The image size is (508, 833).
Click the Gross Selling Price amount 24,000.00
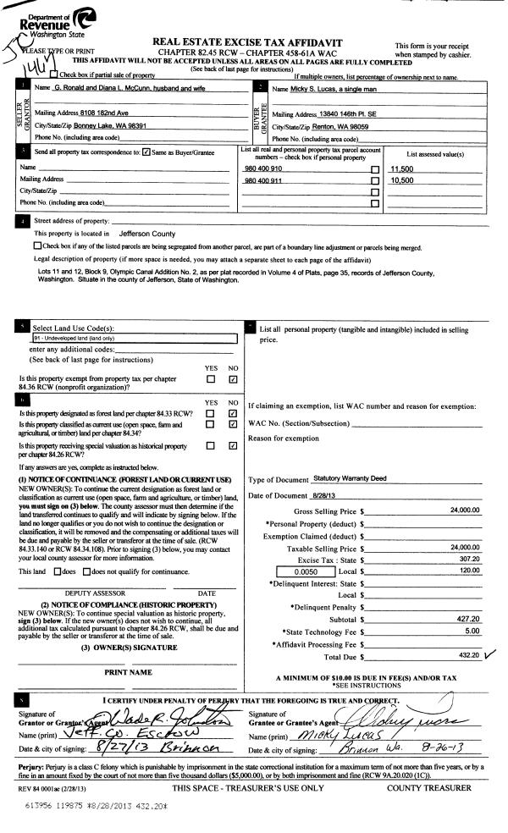tap(463, 511)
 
